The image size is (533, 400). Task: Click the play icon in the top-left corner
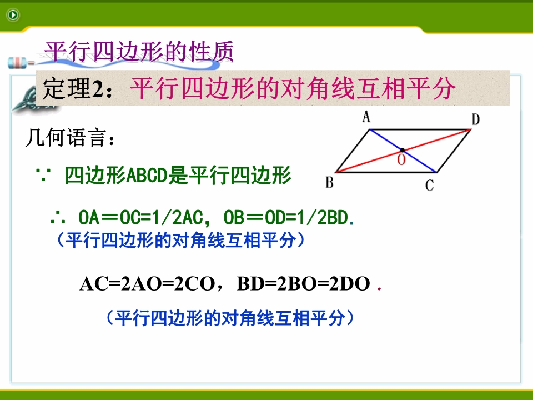pos(13,15)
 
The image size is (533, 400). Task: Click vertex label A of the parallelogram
pos(366,117)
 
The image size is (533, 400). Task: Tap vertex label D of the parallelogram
pos(476,119)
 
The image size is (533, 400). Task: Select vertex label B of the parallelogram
pos(329,182)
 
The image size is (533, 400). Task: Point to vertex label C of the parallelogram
pos(429,186)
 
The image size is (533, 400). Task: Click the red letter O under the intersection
pos(401,159)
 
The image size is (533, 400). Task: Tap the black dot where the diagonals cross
pos(403,150)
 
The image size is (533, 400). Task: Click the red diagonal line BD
pos(403,151)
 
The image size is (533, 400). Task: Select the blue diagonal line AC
pos(403,151)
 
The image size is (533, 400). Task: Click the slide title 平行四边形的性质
pos(139,51)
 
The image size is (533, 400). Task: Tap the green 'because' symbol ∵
pos(43,175)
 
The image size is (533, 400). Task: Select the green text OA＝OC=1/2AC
pos(140,217)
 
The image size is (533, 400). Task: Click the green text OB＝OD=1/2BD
pos(286,217)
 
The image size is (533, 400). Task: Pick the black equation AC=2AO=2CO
pos(147,284)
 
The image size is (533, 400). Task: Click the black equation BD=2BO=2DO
pos(304,284)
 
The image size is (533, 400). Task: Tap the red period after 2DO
pos(379,289)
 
